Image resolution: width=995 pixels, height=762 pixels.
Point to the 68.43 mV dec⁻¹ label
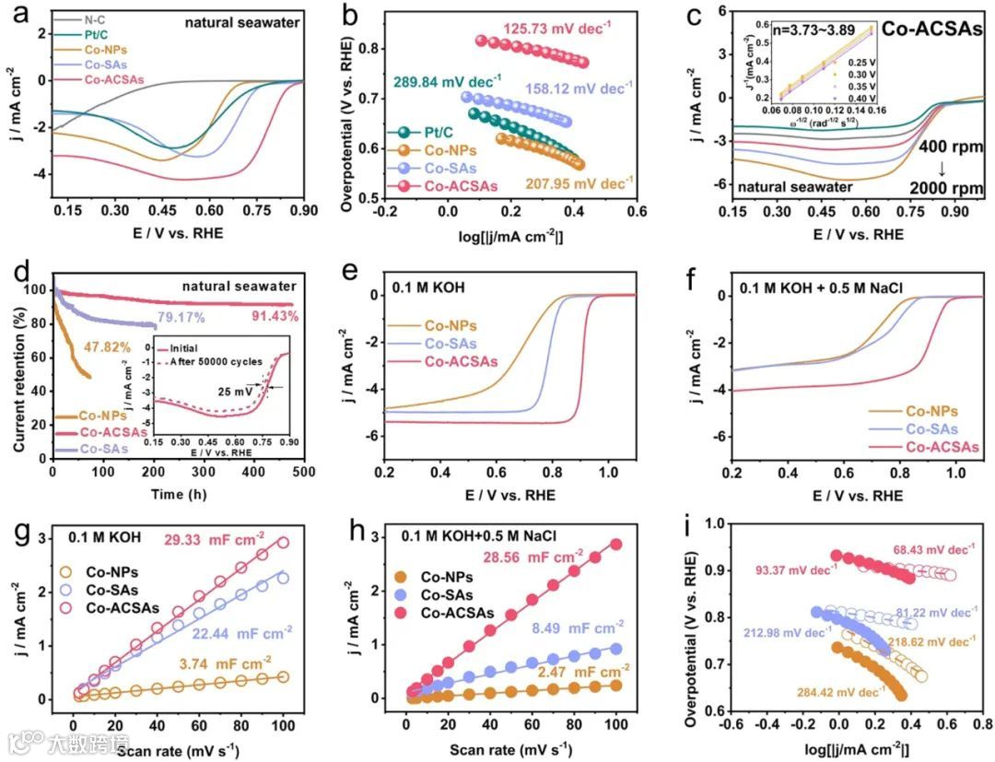coord(933,550)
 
